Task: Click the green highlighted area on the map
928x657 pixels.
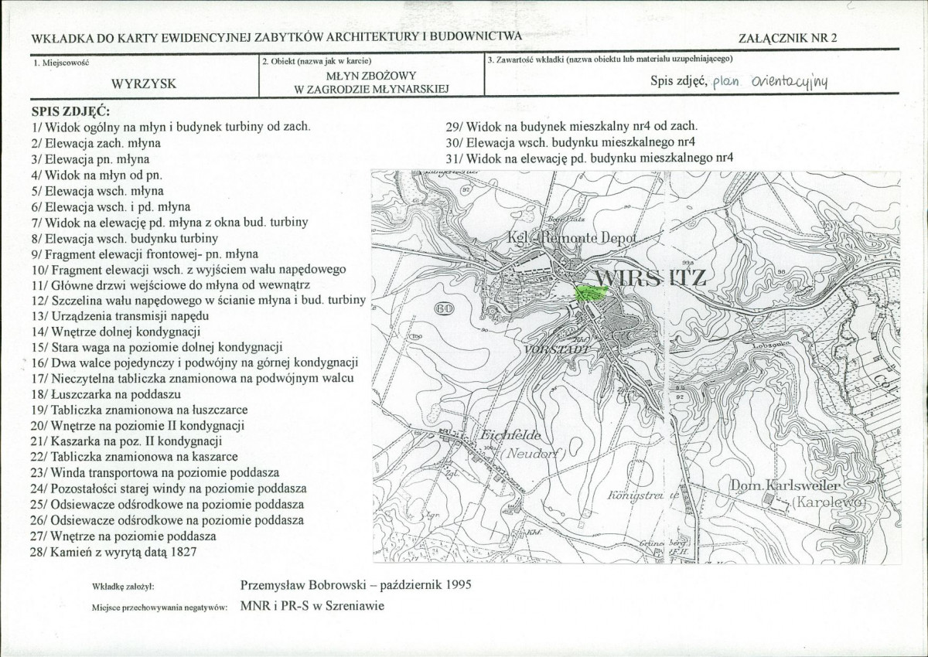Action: pos(592,294)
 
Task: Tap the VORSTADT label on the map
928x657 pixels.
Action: pos(557,349)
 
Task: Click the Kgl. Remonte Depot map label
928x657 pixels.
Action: pos(570,239)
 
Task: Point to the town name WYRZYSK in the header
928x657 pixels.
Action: pos(144,84)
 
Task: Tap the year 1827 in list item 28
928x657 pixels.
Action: pos(181,552)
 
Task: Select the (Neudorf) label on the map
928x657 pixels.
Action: pos(534,453)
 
